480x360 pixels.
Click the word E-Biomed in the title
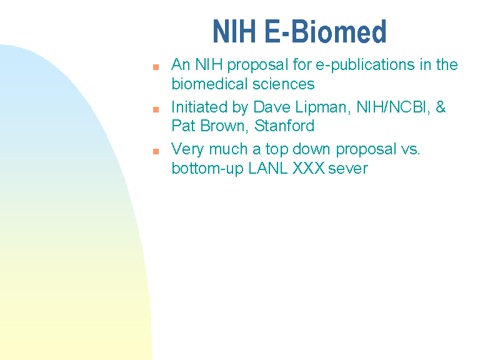326,31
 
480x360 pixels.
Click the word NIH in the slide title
234,31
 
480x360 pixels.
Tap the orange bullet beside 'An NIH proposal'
156,67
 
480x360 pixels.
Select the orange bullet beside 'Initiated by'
156,109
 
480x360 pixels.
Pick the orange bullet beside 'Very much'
156,151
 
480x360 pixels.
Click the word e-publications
366,66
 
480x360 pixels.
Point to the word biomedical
209,84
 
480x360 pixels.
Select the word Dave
272,107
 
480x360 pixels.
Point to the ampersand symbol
440,107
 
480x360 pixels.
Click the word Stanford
284,126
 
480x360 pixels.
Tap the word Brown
224,126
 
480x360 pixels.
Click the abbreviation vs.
410,150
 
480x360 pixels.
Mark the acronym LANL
268,168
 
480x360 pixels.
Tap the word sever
348,169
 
